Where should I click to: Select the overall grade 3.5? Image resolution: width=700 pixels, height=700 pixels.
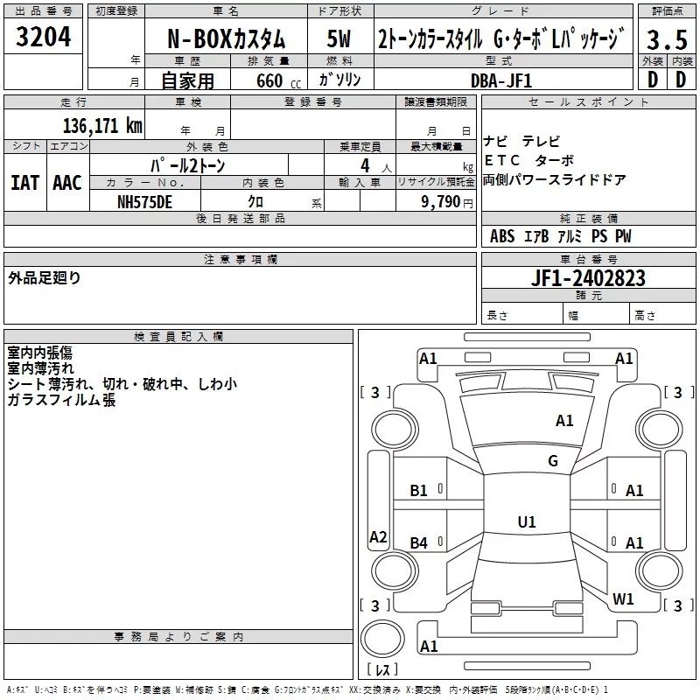(668, 40)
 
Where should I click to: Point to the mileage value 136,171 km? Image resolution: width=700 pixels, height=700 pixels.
(102, 125)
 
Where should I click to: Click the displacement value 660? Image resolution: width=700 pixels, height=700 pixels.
(266, 80)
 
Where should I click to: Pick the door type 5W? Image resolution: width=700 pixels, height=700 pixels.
(340, 40)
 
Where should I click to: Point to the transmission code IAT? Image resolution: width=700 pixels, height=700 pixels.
(24, 182)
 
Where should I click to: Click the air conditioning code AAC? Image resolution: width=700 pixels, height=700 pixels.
(67, 182)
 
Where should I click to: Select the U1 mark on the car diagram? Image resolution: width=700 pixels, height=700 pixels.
(526, 521)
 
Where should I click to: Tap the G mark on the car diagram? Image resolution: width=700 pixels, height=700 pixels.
(552, 460)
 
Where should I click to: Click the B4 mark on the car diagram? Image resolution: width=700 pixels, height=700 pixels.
(419, 543)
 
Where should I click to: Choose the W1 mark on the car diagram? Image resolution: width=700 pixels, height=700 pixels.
(623, 598)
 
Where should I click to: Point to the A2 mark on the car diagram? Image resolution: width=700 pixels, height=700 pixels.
(378, 536)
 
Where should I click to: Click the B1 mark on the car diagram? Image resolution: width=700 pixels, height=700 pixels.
(419, 491)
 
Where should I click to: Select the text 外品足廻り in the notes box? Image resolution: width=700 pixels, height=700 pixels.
(45, 278)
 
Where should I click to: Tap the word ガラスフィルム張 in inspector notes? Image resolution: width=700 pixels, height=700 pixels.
(61, 400)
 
